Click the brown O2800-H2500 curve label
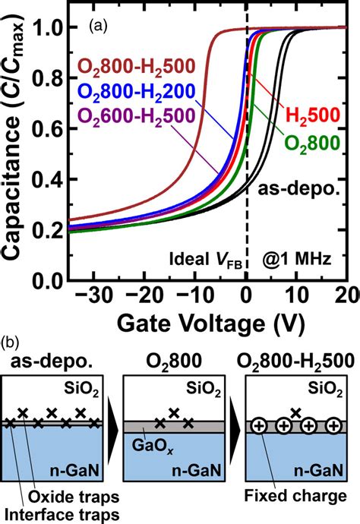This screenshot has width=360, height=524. [x=136, y=66]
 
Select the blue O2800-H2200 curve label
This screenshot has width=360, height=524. [x=136, y=91]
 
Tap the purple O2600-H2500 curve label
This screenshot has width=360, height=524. [x=136, y=116]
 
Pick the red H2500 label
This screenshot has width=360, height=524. [x=313, y=115]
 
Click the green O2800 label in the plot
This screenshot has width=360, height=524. [x=312, y=143]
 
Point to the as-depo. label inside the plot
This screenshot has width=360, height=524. [x=298, y=190]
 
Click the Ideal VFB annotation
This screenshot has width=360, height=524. [x=206, y=260]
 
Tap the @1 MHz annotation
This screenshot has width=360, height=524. [x=297, y=259]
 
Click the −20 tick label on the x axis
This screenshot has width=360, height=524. [x=144, y=295]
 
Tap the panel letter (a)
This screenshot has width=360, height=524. [x=98, y=26]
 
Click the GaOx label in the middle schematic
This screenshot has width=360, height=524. [x=153, y=446]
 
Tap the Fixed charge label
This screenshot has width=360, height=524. [x=295, y=495]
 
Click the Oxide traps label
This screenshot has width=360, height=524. [x=74, y=497]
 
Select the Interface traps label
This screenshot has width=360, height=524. [x=62, y=514]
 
